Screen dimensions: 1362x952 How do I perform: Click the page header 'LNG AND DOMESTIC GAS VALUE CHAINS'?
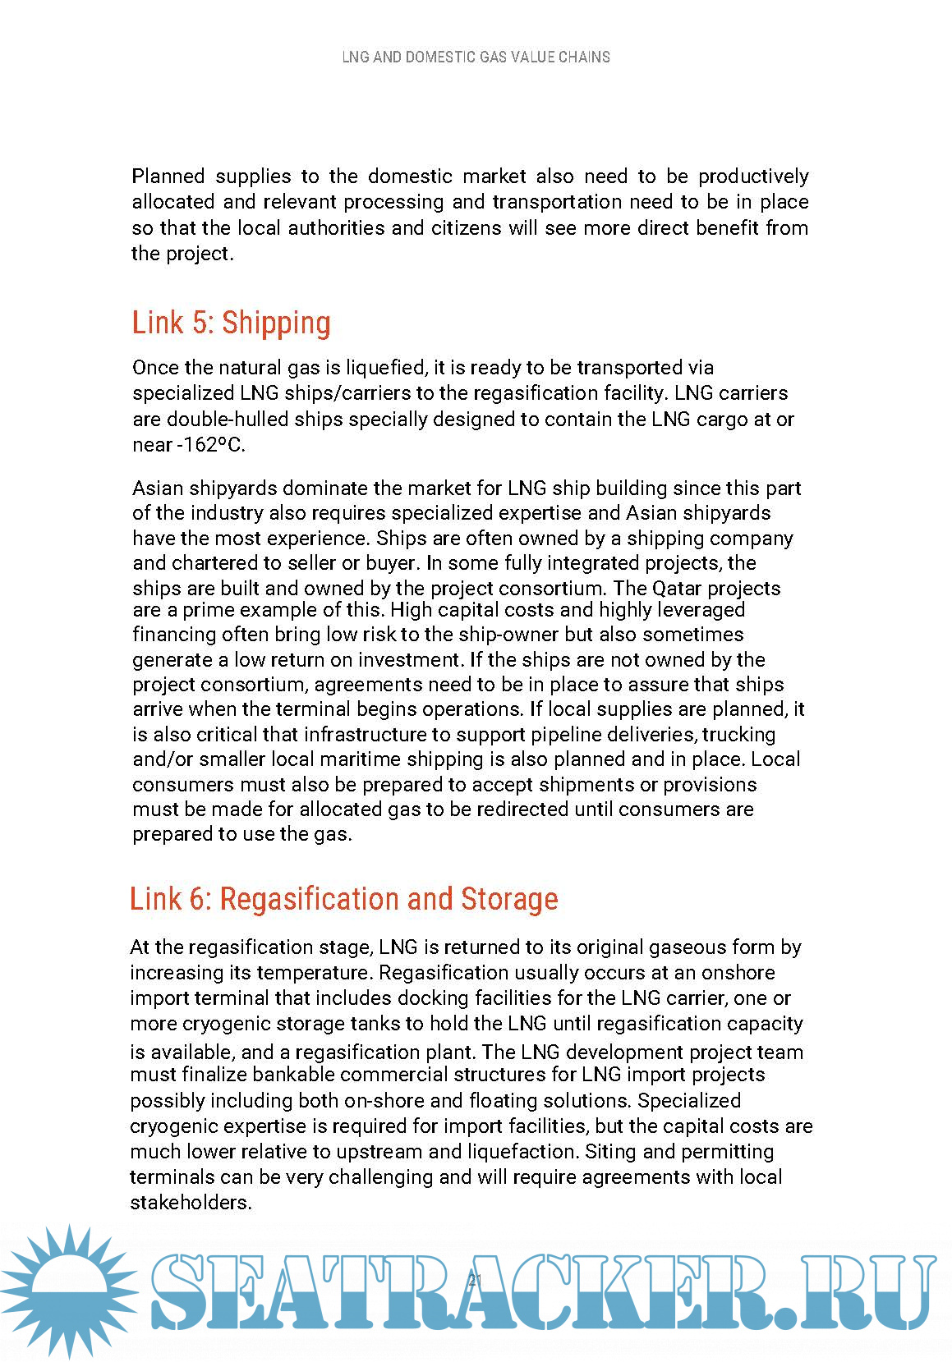(476, 57)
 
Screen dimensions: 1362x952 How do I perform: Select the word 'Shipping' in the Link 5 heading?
(276, 323)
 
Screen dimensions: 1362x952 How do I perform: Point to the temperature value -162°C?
(211, 445)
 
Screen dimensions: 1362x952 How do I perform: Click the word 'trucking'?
(738, 734)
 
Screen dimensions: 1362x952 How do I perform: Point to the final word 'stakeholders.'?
(191, 1203)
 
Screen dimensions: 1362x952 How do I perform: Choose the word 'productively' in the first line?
(753, 177)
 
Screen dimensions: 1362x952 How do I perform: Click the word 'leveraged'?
(703, 610)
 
